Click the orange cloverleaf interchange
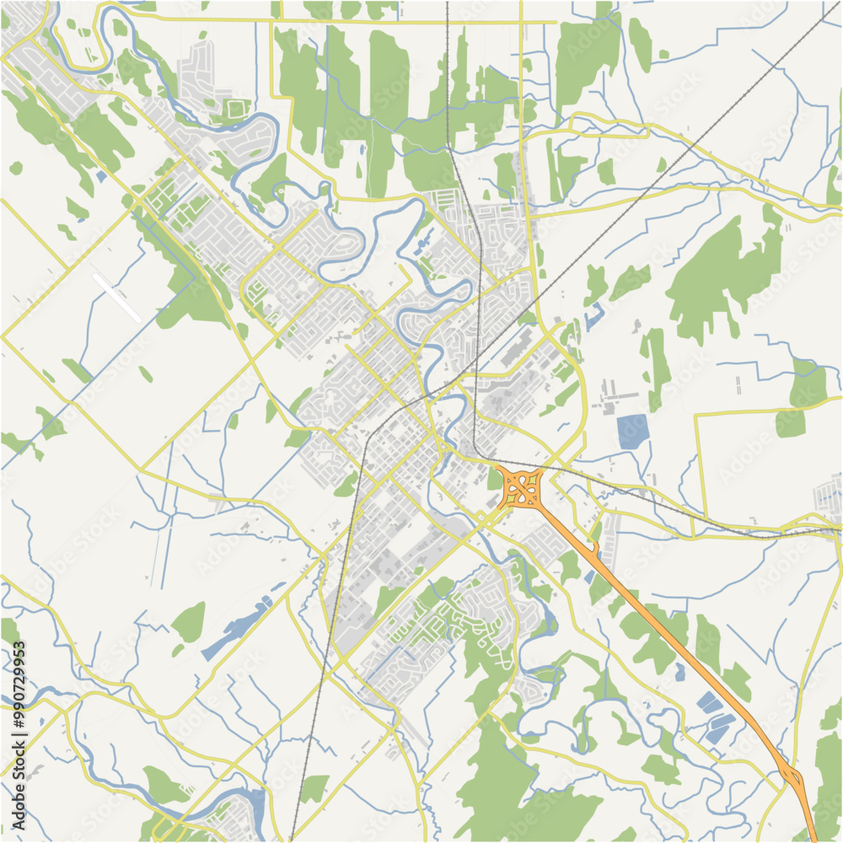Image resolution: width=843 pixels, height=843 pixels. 524,488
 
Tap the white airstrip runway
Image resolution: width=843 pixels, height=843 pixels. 117,297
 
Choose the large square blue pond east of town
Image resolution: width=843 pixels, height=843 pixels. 632,432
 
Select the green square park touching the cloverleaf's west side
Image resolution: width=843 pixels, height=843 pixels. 495,479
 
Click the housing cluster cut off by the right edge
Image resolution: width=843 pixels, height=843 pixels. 830,493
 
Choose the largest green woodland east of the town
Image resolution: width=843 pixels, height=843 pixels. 717,270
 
